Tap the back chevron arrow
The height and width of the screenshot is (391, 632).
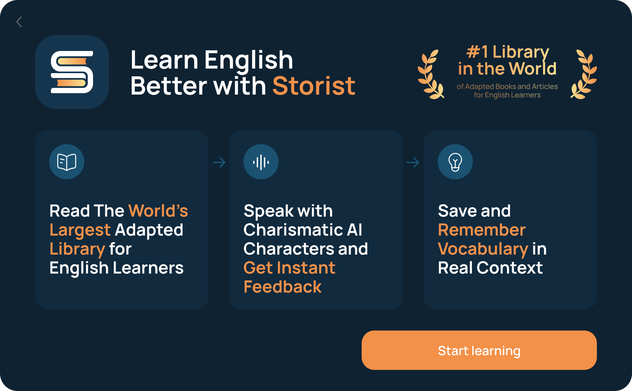19,22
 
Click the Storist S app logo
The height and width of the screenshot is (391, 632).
72,72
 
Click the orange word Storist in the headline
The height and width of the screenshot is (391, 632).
314,86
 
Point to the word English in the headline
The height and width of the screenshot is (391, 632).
249,60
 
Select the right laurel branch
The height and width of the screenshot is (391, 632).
584,75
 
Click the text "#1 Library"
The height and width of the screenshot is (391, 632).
507,52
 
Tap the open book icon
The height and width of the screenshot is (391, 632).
67,162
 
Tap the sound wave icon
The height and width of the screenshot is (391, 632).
261,162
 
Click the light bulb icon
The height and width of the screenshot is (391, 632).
455,162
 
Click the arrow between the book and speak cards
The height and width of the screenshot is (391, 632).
219,162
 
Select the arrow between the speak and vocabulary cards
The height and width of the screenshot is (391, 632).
413,162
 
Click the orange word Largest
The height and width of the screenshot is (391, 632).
80,230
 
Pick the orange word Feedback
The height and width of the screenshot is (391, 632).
283,287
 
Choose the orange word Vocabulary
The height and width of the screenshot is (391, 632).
483,249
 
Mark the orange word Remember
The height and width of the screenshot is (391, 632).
482,230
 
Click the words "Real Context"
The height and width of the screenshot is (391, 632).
490,268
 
